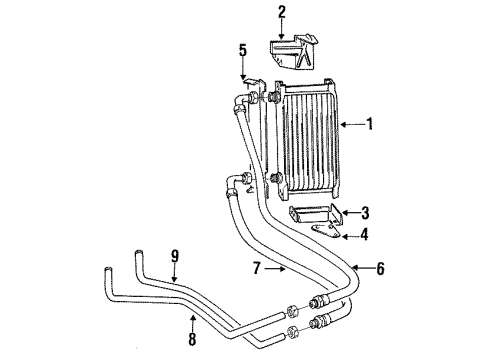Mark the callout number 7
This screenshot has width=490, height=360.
pos(258,268)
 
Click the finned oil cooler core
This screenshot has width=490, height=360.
pos(310,140)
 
